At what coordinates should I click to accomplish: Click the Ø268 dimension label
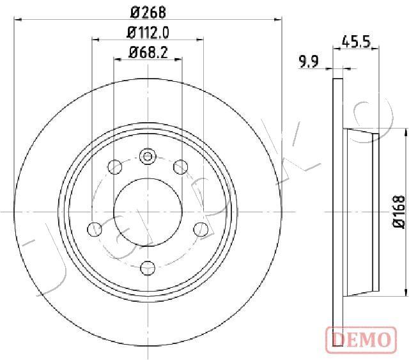(x=148, y=12)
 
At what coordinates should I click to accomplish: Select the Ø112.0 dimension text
(x=148, y=33)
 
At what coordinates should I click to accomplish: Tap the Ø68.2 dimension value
(x=148, y=53)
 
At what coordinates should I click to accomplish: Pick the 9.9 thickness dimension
(x=309, y=62)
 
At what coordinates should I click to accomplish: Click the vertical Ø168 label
(x=399, y=212)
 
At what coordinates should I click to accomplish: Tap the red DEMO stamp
(x=361, y=339)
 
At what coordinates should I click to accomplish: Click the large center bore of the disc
(x=148, y=212)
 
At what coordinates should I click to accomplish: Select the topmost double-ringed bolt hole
(x=148, y=157)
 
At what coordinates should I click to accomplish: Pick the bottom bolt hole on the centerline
(x=148, y=267)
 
